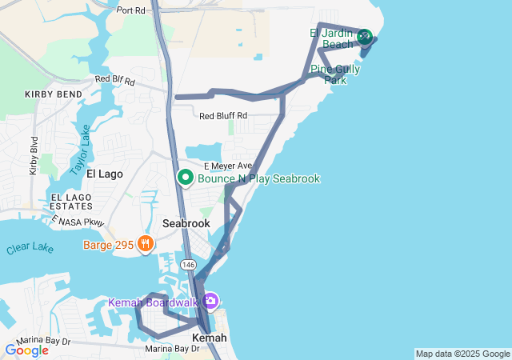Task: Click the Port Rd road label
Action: (x=131, y=10)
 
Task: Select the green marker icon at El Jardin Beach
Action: (x=364, y=35)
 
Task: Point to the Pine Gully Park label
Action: (x=335, y=74)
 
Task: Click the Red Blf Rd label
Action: (x=115, y=79)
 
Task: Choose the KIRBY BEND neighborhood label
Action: (x=54, y=94)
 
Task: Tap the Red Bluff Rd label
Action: (x=223, y=116)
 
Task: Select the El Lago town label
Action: (x=103, y=174)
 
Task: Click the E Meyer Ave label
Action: (x=226, y=166)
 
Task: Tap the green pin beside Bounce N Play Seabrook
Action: (x=185, y=177)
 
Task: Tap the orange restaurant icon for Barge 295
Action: (x=145, y=244)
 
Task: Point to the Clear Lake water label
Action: (x=30, y=249)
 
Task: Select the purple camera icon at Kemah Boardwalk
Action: (x=210, y=301)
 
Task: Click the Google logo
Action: (x=26, y=350)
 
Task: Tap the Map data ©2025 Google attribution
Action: (x=462, y=354)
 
